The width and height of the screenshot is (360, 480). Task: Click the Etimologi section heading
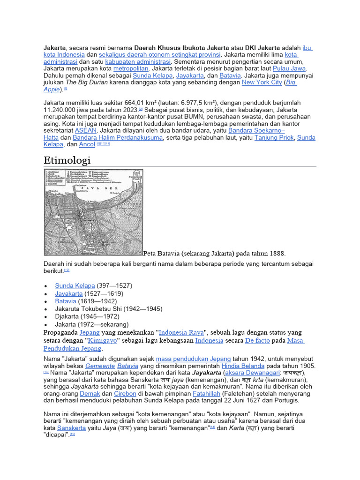pos(67,160)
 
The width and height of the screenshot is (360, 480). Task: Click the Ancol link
pos(87,145)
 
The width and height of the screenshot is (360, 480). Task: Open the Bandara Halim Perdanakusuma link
pos(118,138)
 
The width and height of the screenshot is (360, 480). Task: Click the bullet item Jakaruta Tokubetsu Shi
pos(109,309)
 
